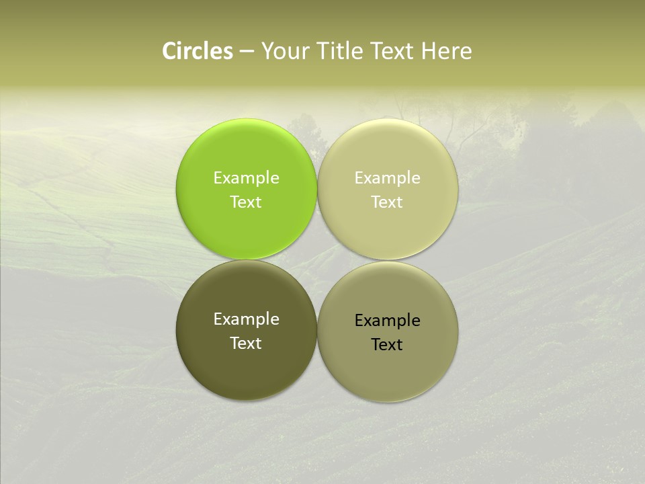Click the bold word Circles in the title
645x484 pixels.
198,51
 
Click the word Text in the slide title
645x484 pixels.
393,51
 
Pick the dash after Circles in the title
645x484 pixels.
247,52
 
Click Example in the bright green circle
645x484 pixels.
247,178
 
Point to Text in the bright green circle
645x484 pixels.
247,202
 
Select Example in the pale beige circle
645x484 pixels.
388,178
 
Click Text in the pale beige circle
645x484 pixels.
388,202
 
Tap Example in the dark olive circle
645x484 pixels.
247,319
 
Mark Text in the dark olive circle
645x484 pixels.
247,344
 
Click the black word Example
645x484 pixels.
388,321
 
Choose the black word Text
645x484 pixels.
388,345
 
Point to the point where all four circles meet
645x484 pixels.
317,259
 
